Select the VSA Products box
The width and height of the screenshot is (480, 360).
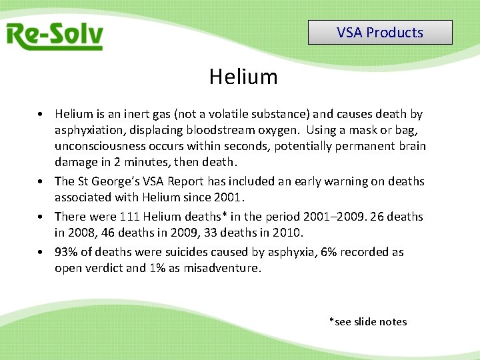coord(380,32)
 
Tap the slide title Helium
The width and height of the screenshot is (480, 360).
coord(243,77)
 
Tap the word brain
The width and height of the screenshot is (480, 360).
coord(411,146)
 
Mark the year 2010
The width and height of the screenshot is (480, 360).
coord(287,233)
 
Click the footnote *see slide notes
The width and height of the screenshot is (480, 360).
coord(368,321)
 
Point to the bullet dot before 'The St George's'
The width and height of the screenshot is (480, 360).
coord(41,181)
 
